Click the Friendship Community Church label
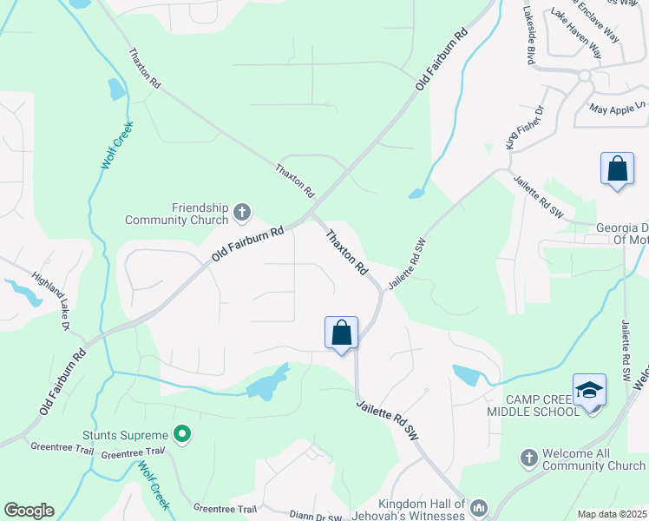tap(200, 214)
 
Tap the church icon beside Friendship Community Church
tap(242, 210)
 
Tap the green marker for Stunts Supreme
tap(181, 432)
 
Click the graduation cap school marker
tap(589, 390)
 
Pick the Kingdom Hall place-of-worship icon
tap(479, 506)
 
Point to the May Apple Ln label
tap(618, 109)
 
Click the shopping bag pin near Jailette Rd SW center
tap(342, 333)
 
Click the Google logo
tap(29, 511)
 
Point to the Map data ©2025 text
tap(612, 514)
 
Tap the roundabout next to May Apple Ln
tap(584, 76)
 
